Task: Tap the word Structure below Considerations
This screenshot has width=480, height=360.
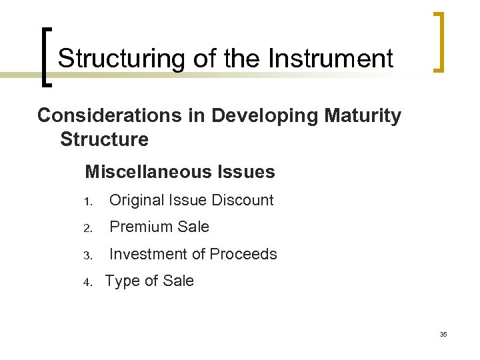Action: click(104, 140)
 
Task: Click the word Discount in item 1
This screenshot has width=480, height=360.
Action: click(243, 200)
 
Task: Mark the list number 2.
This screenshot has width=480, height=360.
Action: click(87, 228)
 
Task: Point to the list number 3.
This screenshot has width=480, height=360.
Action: click(87, 255)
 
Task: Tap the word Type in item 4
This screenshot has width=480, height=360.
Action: click(121, 281)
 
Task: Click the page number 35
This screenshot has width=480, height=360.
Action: click(443, 334)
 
